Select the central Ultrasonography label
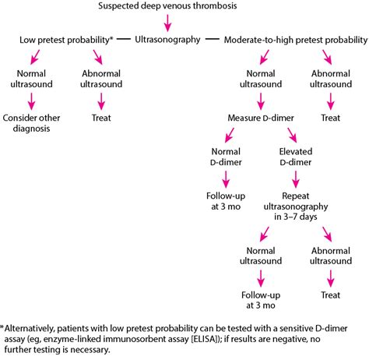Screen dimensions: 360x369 (x=168, y=38)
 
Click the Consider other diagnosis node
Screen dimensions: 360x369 (x=33, y=125)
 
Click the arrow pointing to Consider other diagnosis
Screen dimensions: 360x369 (x=33, y=99)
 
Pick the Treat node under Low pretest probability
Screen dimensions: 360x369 (x=102, y=118)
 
